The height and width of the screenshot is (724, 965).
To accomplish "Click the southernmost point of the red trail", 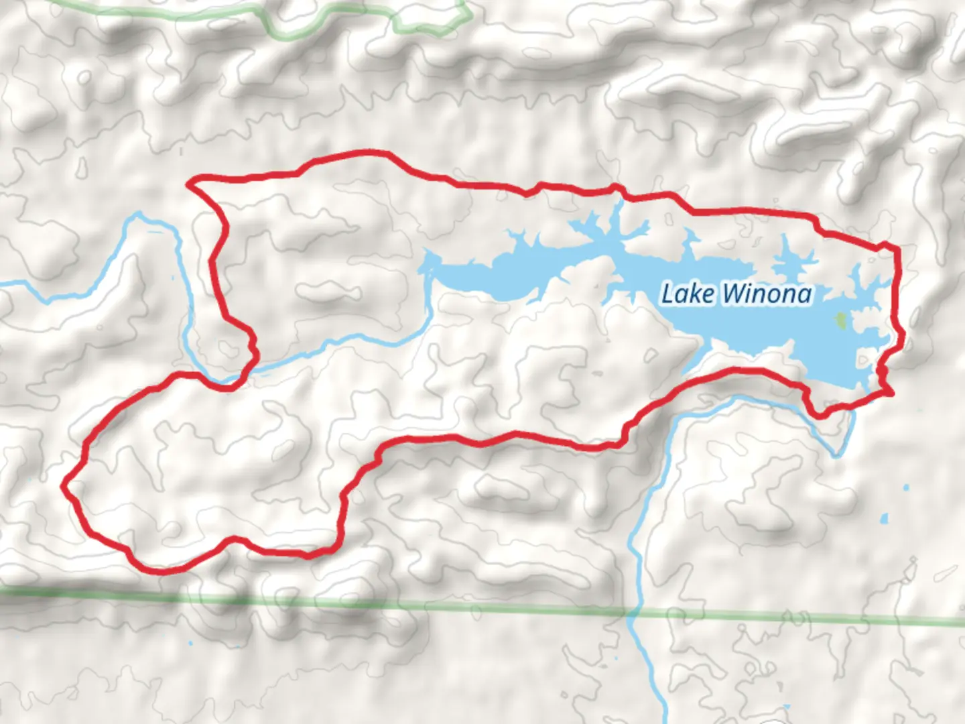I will [161, 572].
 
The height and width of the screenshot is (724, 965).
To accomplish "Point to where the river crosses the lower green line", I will [632, 611].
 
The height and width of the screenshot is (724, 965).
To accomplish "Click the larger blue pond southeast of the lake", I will [885, 519].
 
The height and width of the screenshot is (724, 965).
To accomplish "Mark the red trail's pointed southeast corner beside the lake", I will [891, 392].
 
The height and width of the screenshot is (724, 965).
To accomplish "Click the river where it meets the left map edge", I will [3, 284].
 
